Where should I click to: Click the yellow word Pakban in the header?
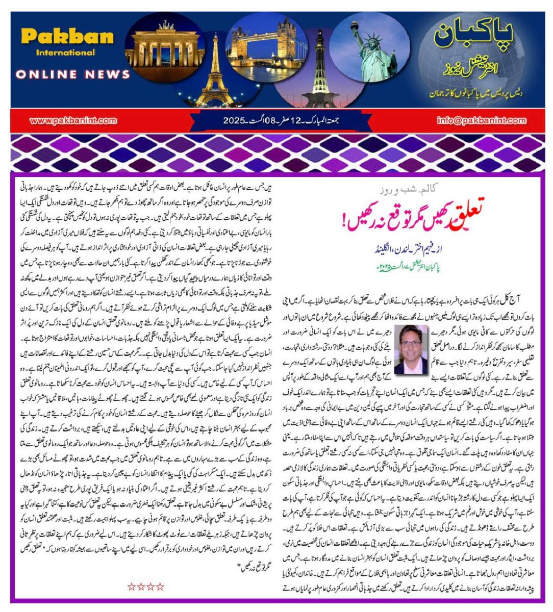(x=67, y=37)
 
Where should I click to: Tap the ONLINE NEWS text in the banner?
(x=72, y=74)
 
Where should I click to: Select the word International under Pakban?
(x=65, y=53)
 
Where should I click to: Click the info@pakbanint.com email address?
(x=481, y=121)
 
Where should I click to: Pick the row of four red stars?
(x=146, y=586)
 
